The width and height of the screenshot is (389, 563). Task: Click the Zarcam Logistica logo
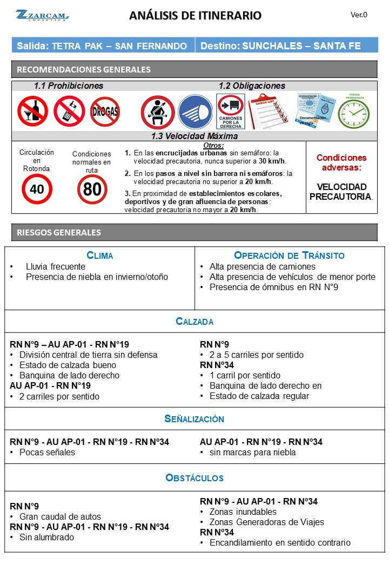(42, 15)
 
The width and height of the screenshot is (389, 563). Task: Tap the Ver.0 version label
(359, 15)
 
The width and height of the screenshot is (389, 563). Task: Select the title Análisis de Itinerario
(195, 16)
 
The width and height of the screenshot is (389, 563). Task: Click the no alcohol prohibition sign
(32, 110)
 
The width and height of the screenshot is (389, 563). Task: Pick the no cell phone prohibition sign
(69, 110)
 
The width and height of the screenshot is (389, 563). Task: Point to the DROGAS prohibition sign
(105, 112)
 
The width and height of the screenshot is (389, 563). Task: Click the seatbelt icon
(157, 112)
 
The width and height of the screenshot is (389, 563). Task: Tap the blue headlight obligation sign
(195, 112)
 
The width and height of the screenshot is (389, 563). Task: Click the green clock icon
(353, 113)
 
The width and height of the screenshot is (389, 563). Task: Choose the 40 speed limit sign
(37, 189)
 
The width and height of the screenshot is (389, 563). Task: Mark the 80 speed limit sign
(92, 189)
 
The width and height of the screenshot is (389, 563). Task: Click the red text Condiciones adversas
(341, 163)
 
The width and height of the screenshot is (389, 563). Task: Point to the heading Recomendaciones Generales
(84, 69)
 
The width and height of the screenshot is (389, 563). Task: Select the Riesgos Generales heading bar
(194, 232)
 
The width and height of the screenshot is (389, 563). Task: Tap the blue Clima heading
(100, 256)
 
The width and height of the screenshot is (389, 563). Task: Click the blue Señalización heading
(194, 419)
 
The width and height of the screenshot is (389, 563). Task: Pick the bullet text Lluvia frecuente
(55, 266)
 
